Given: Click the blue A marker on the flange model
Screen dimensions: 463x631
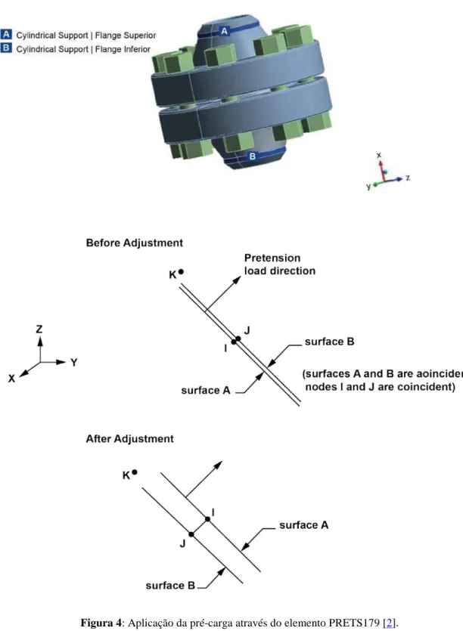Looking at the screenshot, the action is (225, 30).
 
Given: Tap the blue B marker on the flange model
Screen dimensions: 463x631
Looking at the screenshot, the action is (252, 156).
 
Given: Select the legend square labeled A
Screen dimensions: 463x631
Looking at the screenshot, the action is (6, 34).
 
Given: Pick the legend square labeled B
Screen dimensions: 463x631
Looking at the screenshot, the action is (6, 48).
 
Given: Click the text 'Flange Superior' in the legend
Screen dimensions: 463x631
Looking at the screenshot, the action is (126, 36).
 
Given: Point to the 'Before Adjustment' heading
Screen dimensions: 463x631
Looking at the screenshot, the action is (135, 243).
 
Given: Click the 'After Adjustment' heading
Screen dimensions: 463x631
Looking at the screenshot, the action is (130, 438).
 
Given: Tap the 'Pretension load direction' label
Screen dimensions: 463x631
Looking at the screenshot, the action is (280, 264).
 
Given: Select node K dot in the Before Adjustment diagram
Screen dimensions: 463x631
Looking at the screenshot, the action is (181, 272).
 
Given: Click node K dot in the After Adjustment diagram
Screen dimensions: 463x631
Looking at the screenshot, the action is (135, 472).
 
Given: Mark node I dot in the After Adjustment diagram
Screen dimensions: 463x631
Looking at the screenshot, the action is (207, 519).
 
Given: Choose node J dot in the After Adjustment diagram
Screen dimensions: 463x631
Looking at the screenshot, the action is (191, 534).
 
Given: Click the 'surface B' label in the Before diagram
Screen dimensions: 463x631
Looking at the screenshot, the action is (330, 342).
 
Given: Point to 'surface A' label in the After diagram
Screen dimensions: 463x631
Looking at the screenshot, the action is (304, 525).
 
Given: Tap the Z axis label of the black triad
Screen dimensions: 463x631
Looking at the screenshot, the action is (39, 329).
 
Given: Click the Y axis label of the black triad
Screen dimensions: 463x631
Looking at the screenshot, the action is (74, 362).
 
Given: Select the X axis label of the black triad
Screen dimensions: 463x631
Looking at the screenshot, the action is (11, 379).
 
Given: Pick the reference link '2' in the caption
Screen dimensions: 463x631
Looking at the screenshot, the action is (390, 623).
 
